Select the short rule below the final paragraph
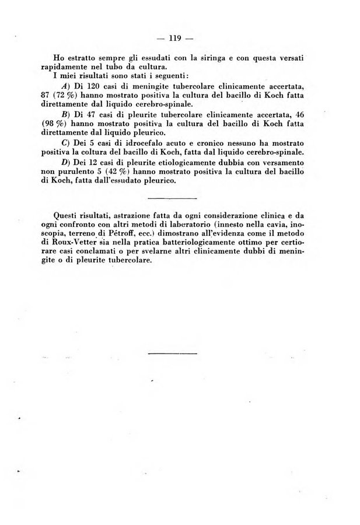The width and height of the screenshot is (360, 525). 173,353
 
